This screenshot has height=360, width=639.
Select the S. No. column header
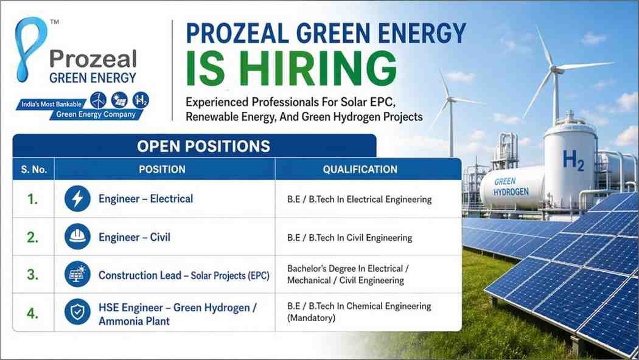(x=34, y=169)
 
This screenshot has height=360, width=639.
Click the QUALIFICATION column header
(x=360, y=169)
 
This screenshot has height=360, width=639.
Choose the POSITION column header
(x=162, y=169)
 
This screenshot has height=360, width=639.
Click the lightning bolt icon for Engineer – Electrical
(x=77, y=199)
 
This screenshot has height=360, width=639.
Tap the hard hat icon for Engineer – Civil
(x=77, y=237)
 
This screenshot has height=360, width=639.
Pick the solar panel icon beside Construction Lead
(x=77, y=275)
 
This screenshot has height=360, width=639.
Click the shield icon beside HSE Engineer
(x=77, y=313)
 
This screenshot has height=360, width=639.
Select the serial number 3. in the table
(x=32, y=275)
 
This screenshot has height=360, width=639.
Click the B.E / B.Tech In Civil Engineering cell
(x=350, y=238)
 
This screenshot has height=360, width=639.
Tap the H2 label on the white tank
(x=573, y=161)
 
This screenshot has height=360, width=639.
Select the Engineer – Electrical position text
(x=145, y=199)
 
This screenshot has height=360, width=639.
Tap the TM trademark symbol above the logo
(x=54, y=23)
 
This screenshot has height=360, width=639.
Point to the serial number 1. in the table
(x=32, y=199)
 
